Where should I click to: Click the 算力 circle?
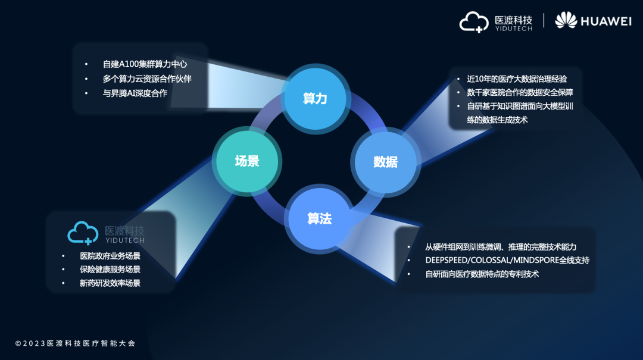point(316,99)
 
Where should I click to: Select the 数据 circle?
point(385,162)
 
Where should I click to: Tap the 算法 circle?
point(320,218)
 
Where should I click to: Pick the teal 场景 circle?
point(247,161)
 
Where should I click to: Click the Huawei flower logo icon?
point(566,20)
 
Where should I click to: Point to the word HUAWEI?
point(606,21)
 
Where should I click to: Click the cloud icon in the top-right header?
point(474,22)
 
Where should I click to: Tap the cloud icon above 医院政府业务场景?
point(83,233)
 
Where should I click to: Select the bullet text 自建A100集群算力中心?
point(145,64)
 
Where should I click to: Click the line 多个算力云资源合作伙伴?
point(147,79)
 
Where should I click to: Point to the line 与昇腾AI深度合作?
point(135,93)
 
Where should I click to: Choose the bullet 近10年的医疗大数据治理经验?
point(517,79)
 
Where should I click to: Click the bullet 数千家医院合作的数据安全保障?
point(520,93)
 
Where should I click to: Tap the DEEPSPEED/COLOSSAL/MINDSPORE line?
point(507,261)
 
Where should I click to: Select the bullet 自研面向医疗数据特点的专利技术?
point(482,274)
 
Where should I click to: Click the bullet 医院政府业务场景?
point(110,256)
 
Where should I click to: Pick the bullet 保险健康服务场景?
point(110,270)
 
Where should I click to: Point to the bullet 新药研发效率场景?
point(110,283)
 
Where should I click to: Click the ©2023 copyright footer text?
point(75,343)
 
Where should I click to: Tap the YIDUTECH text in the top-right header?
point(513,29)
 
